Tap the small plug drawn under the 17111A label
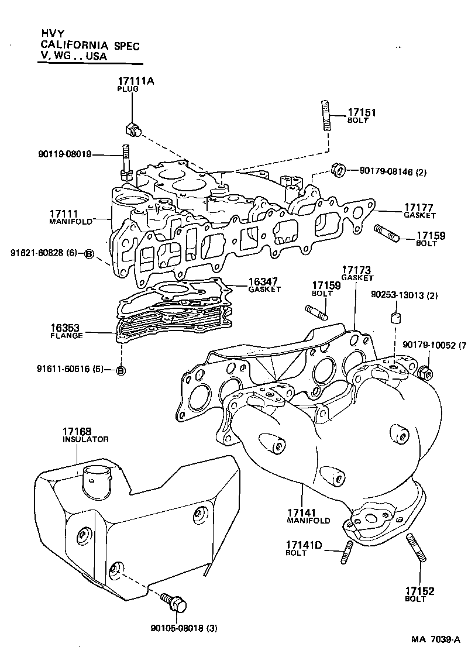tap(133, 129)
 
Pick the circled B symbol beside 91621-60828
tap(89, 253)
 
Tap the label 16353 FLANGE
tap(66, 331)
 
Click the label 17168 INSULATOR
tap(85, 435)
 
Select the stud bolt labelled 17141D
tap(347, 553)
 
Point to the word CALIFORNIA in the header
tap(73, 45)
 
